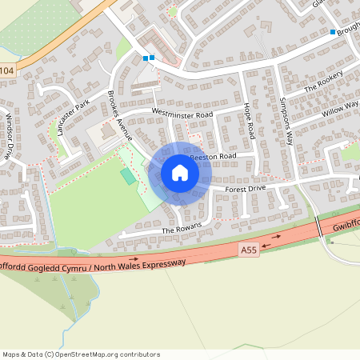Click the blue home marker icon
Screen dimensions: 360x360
point(180,173)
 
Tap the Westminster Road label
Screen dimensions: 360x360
point(182,114)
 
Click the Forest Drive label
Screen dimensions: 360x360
point(245,189)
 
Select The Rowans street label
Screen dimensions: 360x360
point(178,230)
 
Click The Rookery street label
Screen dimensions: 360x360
point(323,82)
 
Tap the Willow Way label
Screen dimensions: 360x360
point(340,106)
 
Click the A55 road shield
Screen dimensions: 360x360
point(250,250)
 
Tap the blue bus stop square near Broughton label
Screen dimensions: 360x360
point(333,32)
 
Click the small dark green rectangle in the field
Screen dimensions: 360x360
point(128,175)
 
